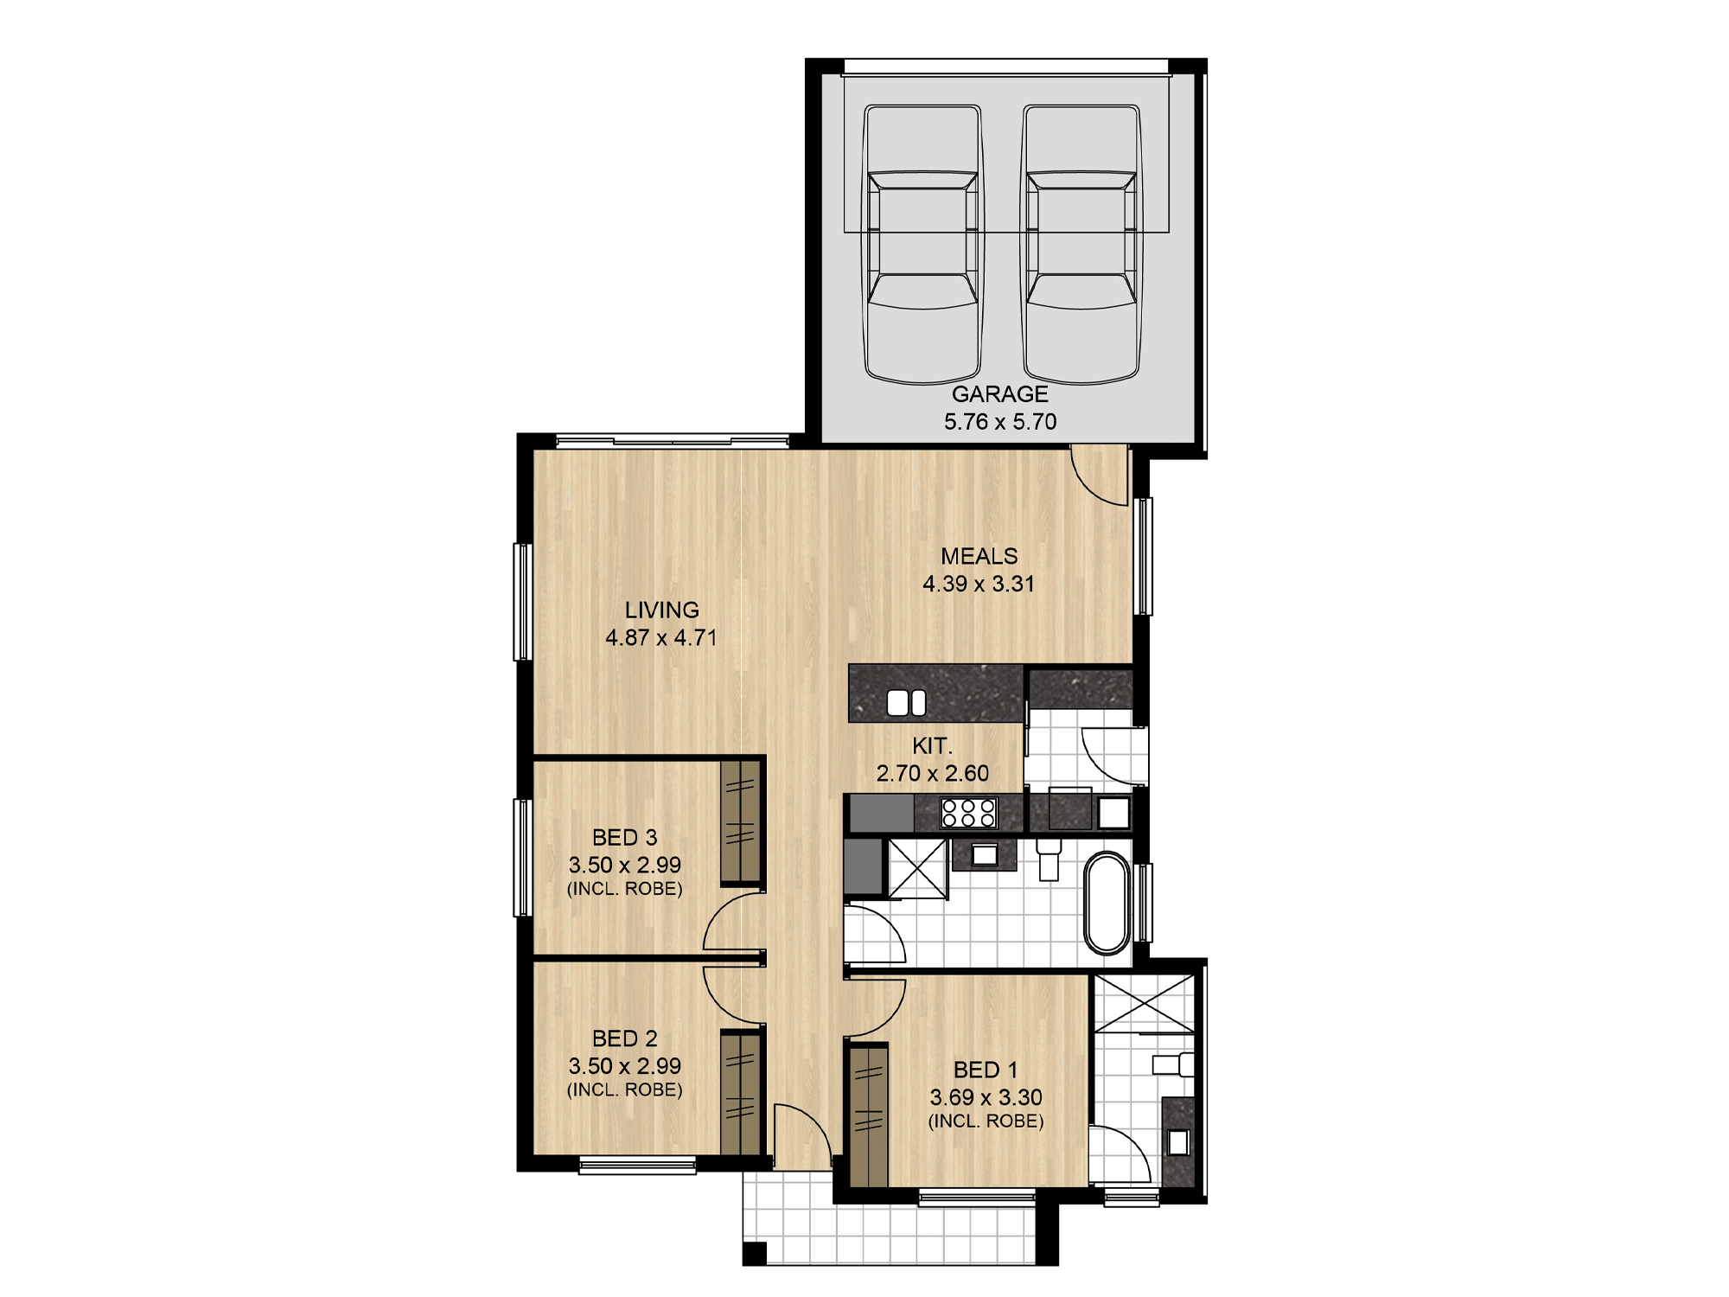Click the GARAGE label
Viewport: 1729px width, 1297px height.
(x=999, y=394)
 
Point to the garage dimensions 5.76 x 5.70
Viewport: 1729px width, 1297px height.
(x=1000, y=422)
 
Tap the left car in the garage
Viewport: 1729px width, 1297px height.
(x=923, y=245)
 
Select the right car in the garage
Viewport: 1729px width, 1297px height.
(x=1081, y=245)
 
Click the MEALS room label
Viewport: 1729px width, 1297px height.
(x=979, y=556)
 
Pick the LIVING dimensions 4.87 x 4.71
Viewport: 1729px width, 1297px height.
(x=661, y=638)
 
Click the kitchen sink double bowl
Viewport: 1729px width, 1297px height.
(x=907, y=703)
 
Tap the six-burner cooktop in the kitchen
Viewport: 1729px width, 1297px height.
(x=968, y=814)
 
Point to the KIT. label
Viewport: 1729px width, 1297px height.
(x=932, y=745)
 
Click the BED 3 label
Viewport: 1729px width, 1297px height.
(x=624, y=837)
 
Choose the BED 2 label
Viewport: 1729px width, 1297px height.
(x=624, y=1038)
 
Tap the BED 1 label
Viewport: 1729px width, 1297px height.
(x=986, y=1070)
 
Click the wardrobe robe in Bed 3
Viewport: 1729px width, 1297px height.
(x=741, y=821)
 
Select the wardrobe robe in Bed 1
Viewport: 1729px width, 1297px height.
(x=869, y=1115)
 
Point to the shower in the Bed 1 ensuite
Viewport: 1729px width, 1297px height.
(x=1144, y=1003)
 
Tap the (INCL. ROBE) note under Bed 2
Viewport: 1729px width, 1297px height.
(x=624, y=1090)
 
